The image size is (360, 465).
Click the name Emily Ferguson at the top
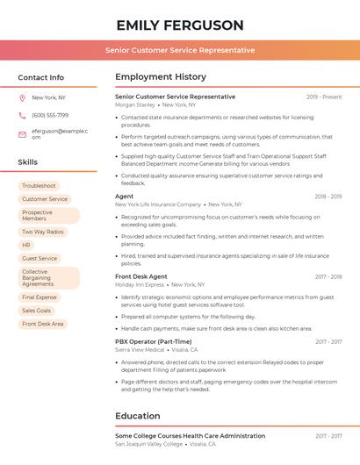[180, 25]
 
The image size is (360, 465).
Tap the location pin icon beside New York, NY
[22, 97]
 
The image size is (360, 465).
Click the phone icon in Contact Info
[22, 115]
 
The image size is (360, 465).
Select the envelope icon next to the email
[22, 133]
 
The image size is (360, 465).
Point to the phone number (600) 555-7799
[50, 115]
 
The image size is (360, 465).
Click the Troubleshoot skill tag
[39, 186]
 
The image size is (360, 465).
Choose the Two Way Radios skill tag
[43, 232]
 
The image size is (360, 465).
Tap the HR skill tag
[26, 245]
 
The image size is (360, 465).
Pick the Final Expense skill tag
[40, 297]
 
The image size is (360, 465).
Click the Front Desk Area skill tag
[43, 324]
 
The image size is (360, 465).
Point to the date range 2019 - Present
[324, 97]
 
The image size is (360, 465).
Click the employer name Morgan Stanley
[134, 105]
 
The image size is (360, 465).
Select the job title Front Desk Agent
[141, 276]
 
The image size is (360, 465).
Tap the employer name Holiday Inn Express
[140, 284]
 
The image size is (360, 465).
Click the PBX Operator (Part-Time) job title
[154, 341]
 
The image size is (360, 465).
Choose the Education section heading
[137, 416]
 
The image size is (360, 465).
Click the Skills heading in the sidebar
[28, 162]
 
